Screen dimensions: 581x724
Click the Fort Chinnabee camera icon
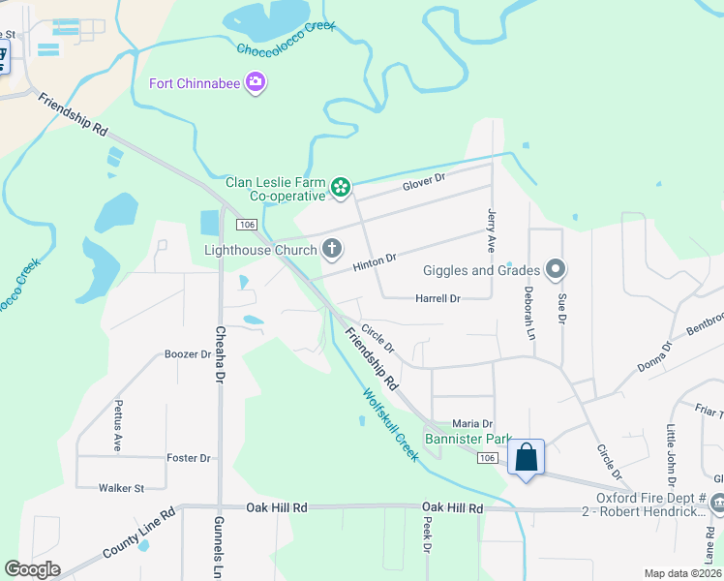click(256, 82)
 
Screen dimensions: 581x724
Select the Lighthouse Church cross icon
click(331, 250)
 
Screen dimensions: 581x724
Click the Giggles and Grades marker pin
click(556, 270)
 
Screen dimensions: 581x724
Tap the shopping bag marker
click(526, 456)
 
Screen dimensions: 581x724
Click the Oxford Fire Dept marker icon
click(717, 503)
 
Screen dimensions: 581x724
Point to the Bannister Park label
click(468, 440)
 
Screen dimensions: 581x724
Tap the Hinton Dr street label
click(375, 260)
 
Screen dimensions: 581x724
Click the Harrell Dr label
click(437, 298)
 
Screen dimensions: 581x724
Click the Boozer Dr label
click(188, 354)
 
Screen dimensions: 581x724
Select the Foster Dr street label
click(189, 458)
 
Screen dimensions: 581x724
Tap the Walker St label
click(121, 488)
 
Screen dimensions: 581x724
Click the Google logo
click(32, 569)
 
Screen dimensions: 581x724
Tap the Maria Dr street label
click(473, 424)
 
